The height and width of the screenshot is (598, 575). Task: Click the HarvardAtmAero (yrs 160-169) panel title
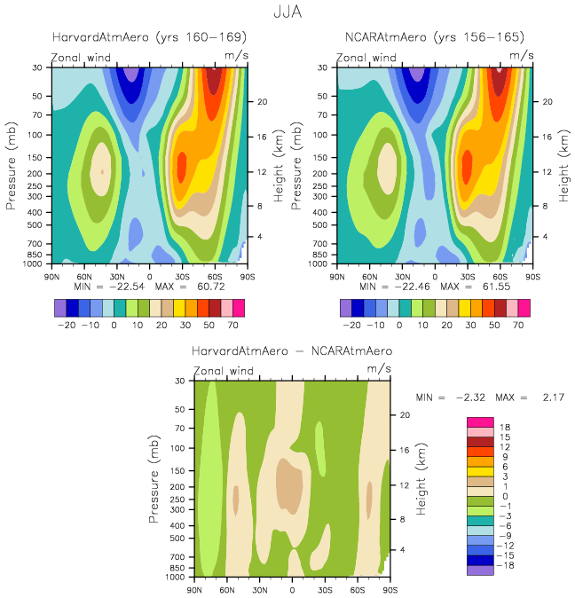pos(149,37)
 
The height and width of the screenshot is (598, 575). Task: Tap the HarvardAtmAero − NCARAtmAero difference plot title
pos(292,351)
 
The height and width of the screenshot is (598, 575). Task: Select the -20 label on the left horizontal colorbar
pos(65,327)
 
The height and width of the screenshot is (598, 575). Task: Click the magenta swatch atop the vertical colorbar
pos(479,421)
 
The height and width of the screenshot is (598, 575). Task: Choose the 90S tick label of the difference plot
pos(390,589)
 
